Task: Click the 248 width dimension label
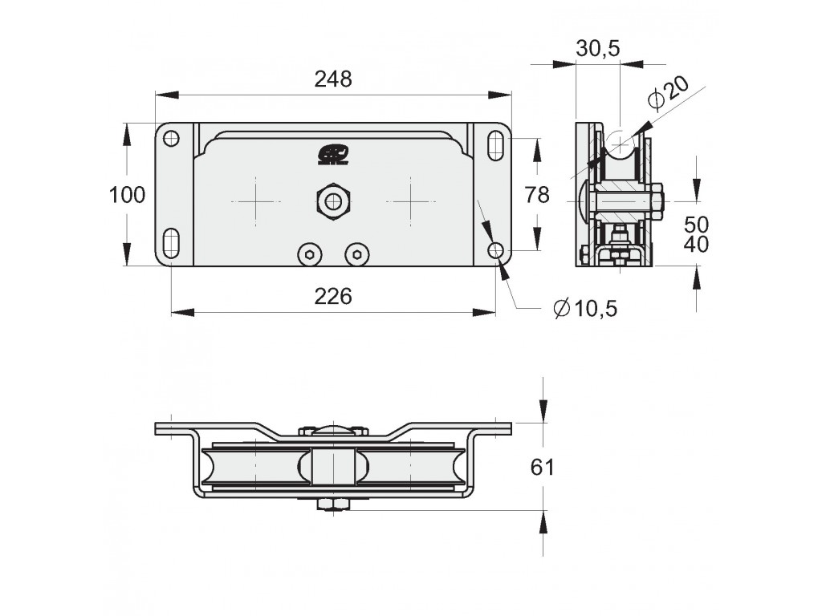point(333,79)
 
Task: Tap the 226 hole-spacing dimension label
point(333,297)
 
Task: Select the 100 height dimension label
point(127,195)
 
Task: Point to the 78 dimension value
point(537,195)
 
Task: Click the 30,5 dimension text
point(598,48)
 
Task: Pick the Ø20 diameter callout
point(669,93)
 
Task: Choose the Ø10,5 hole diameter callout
point(585,309)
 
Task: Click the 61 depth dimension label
point(542,467)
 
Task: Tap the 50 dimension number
point(696,225)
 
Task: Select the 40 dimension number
point(696,244)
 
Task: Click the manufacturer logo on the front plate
point(333,156)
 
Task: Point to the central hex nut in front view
point(333,201)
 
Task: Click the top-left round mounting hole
point(172,139)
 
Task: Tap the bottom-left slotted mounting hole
point(172,244)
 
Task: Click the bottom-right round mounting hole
point(495,250)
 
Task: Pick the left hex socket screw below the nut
point(310,255)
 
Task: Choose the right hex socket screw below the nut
point(357,255)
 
